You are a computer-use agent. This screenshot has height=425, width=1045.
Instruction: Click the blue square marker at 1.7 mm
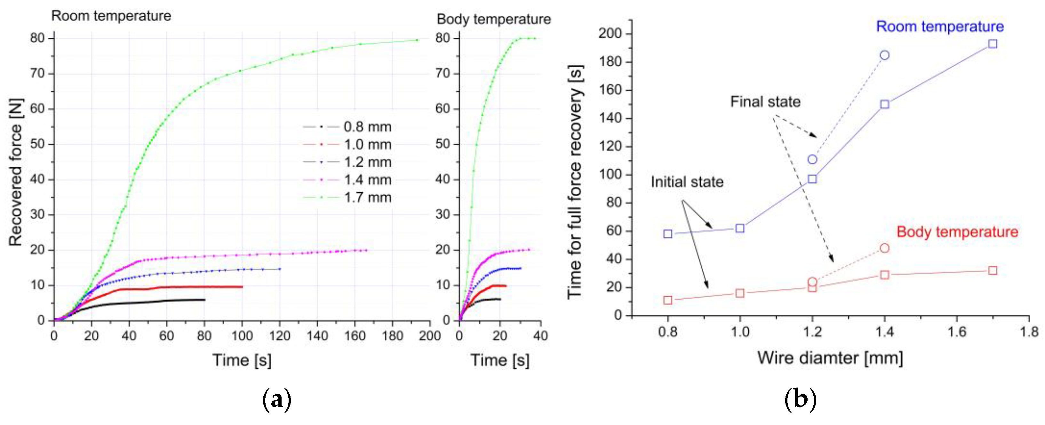[993, 44]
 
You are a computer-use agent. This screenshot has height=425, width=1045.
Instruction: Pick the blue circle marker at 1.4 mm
[885, 55]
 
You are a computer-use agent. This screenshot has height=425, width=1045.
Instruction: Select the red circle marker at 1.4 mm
[885, 248]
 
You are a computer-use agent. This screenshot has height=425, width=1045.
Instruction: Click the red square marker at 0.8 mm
[668, 301]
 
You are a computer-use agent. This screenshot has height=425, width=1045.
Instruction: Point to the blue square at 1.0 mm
[740, 228]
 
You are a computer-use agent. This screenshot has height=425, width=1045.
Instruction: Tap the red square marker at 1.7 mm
[993, 270]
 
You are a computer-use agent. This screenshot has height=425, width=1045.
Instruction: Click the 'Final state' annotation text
[765, 101]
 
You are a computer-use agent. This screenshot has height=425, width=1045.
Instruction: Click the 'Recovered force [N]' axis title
[15, 172]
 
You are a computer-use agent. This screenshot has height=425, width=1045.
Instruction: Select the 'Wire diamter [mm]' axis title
[830, 358]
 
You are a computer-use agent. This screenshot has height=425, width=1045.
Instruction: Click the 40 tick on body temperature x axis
[541, 336]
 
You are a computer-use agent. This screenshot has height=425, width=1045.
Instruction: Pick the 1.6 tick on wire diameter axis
[957, 332]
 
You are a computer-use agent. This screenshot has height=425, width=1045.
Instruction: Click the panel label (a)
[277, 400]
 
